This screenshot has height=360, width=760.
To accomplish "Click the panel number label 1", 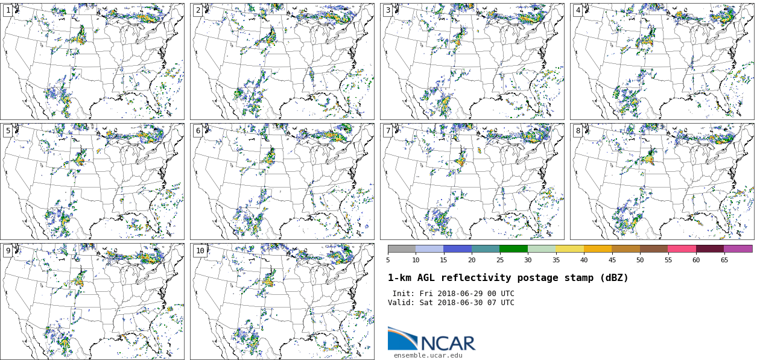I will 8,10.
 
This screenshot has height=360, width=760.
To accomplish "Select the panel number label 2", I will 198,10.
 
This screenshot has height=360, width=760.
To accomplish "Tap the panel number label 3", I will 388,10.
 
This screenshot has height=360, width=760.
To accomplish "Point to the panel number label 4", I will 578,10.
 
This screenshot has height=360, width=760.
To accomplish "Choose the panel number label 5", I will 8,131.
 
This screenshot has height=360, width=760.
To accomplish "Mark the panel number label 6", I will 198,131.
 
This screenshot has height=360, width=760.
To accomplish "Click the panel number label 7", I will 388,131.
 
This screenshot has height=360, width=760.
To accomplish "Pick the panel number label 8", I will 578,131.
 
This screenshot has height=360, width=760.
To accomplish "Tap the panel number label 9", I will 8,251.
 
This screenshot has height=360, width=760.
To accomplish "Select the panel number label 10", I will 200,251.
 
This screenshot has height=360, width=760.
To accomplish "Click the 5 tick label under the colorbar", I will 388,261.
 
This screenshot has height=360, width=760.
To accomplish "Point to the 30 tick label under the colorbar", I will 528,261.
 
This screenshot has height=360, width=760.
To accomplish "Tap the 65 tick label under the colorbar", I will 724,261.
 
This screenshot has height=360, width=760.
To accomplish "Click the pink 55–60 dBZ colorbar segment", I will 682,248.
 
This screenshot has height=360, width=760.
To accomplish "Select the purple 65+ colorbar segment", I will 738,248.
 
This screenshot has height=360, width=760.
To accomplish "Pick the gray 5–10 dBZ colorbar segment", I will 402,248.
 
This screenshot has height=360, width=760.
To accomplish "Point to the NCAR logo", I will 431,339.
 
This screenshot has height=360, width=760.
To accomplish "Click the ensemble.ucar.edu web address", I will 428,355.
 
